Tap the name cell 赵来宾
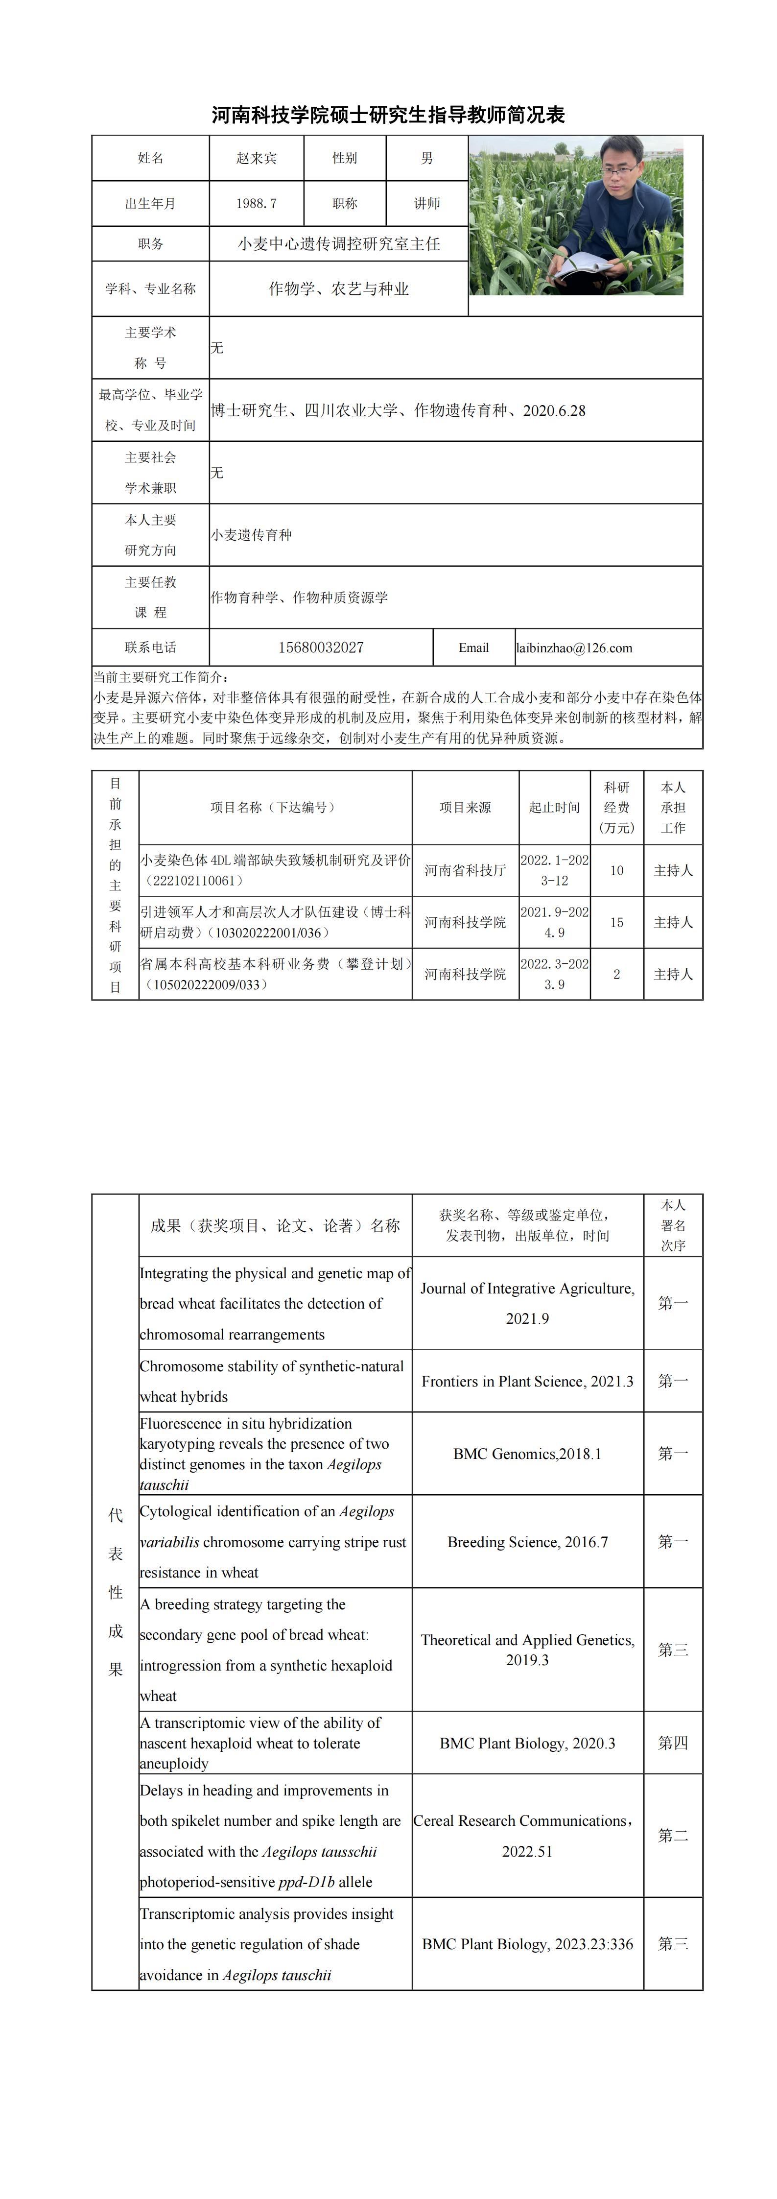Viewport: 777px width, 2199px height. [256, 158]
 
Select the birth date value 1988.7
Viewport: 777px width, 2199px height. [256, 203]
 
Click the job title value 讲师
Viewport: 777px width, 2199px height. [427, 203]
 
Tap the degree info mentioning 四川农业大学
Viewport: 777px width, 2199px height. [399, 410]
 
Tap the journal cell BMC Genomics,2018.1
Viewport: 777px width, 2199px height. [528, 1454]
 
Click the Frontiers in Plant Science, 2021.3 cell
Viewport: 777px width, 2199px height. [528, 1381]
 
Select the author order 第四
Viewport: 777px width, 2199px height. [673, 1743]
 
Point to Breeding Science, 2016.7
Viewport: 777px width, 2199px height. [528, 1542]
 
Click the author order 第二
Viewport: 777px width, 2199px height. [673, 1835]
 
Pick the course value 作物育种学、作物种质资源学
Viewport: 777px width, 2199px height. [300, 598]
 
